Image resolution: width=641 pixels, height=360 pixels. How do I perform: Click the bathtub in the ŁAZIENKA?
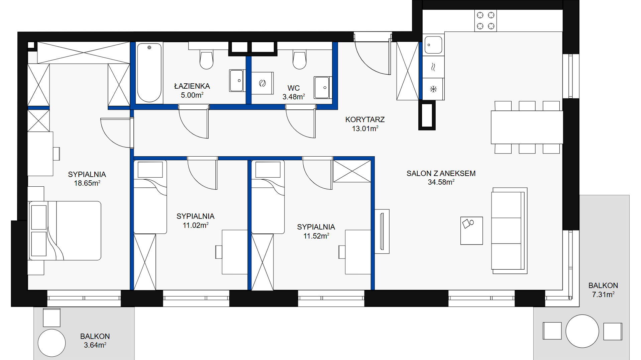(x=149, y=73)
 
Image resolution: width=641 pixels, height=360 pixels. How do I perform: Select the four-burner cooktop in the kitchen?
(x=486, y=20)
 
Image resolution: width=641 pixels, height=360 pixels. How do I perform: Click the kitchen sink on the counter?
(x=433, y=45)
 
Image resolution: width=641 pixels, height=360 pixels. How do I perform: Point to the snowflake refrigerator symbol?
(x=433, y=89)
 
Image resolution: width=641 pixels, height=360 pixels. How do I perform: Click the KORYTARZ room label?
(x=365, y=119)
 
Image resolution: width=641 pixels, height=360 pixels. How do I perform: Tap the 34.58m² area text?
(x=441, y=182)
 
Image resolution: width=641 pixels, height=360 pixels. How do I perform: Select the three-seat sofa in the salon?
(x=509, y=231)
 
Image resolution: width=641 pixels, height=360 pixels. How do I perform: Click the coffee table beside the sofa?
(x=471, y=231)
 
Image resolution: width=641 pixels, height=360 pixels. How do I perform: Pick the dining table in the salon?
(x=527, y=127)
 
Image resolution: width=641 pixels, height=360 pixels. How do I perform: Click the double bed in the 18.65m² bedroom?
(x=65, y=231)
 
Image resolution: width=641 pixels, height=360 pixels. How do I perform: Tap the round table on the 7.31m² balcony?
(x=582, y=331)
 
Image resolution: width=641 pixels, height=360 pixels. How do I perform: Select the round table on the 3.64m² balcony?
(x=52, y=343)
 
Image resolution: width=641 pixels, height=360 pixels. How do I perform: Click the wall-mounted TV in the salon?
(x=382, y=231)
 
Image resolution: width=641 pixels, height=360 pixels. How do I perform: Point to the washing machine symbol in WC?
(x=262, y=83)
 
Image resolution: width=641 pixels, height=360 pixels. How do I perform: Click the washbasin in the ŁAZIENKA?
(x=237, y=80)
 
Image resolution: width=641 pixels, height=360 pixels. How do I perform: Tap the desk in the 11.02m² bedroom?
(x=235, y=252)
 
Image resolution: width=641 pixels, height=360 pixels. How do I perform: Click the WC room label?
(x=294, y=88)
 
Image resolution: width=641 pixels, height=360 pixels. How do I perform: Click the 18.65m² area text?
(x=87, y=183)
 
